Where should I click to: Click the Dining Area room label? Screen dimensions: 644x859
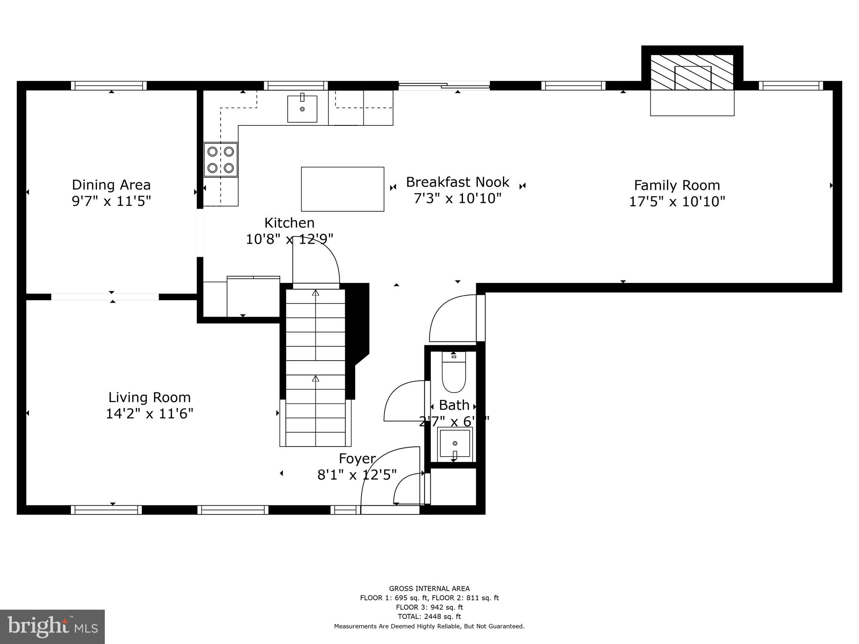pos(111,185)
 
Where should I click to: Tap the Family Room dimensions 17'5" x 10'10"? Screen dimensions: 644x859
pos(677,202)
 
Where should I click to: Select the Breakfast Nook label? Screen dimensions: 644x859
pos(457,182)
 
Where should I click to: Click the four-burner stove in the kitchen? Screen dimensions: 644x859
pos(221,160)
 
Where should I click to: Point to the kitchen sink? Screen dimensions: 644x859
pos(302,109)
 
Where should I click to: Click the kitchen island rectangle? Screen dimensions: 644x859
pos(342,189)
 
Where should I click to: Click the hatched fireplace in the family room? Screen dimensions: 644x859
pos(692,72)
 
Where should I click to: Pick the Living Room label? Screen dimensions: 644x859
pos(149,397)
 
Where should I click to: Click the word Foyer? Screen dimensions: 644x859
pos(357,459)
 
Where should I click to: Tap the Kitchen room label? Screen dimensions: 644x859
pos(289,223)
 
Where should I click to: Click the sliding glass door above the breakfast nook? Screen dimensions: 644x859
pos(444,86)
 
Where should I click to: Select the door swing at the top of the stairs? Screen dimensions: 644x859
pos(315,261)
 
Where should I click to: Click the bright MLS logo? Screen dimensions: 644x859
pos(52,626)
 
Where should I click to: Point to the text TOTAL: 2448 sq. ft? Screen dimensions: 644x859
pos(429,616)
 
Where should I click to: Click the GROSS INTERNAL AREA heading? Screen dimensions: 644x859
pos(429,589)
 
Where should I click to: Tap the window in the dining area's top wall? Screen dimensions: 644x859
pos(109,86)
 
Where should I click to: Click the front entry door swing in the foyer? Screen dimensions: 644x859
pos(390,478)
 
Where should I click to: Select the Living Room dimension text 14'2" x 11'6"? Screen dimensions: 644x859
pos(149,414)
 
